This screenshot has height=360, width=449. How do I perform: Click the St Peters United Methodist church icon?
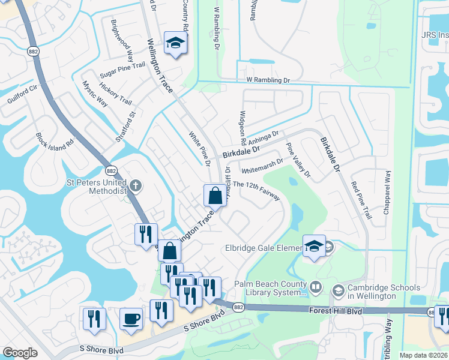(135, 185)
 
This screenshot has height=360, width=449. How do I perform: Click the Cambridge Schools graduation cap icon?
(337, 290)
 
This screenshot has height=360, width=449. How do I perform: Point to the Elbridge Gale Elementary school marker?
(314, 245)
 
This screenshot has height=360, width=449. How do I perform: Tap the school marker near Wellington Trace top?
(175, 43)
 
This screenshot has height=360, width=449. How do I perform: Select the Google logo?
(20, 353)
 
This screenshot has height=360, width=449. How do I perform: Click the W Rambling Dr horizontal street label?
(268, 80)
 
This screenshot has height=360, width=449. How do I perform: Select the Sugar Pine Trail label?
(122, 70)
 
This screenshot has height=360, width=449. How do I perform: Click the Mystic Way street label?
(95, 94)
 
